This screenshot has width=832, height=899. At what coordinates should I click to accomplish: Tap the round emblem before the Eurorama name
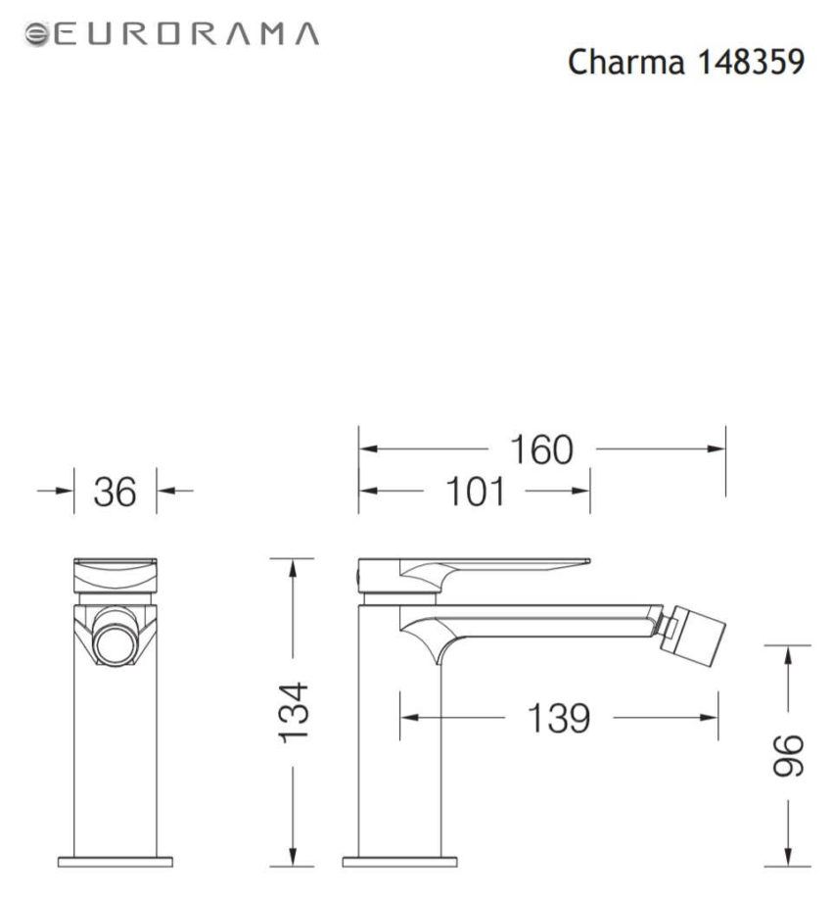pyautogui.click(x=36, y=34)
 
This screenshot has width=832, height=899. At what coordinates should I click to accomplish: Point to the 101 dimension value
pyautogui.click(x=476, y=492)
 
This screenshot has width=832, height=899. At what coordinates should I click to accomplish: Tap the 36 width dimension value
pyautogui.click(x=115, y=492)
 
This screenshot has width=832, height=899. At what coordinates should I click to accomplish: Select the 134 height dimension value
pyautogui.click(x=293, y=712)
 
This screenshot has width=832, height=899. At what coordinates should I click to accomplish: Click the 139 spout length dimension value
pyautogui.click(x=559, y=719)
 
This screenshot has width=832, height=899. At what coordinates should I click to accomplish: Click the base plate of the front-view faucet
pyautogui.click(x=116, y=862)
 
